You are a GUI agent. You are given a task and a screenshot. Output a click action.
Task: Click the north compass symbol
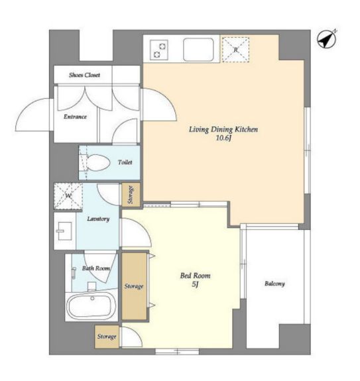pyautogui.click(x=327, y=39)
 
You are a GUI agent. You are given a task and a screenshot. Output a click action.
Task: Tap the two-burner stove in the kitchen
pyautogui.click(x=159, y=50)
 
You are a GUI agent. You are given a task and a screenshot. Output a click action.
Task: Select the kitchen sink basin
pyautogui.click(x=198, y=50)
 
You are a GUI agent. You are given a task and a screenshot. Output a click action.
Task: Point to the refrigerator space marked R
pyautogui.click(x=235, y=50)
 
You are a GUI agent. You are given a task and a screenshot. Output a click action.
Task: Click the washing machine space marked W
pyautogui.click(x=68, y=196)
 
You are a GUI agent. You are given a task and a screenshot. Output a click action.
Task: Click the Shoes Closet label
pyautogui.click(x=84, y=75)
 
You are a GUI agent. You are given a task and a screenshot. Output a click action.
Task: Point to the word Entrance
pyautogui.click(x=75, y=117)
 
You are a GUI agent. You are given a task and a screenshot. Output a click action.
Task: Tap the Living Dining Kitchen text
pyautogui.click(x=223, y=129)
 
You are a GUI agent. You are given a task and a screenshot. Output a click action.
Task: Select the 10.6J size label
pyautogui.click(x=223, y=138)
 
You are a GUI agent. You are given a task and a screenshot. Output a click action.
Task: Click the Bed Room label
pyautogui.click(x=195, y=276)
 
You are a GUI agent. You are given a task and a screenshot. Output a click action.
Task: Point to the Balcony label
pyautogui.click(x=274, y=284)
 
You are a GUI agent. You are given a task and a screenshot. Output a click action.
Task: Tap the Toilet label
pyautogui.click(x=125, y=162)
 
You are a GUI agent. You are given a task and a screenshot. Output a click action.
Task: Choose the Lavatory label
pyautogui.click(x=98, y=219)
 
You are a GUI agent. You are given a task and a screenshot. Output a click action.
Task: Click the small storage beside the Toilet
pyautogui.click(x=131, y=195)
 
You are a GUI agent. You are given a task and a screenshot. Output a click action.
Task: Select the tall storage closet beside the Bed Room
pyautogui.click(x=134, y=286)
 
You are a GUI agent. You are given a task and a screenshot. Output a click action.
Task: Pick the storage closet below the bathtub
pyautogui.click(x=107, y=337)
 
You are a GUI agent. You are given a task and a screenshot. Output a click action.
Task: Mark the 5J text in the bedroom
pyautogui.click(x=195, y=284)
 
